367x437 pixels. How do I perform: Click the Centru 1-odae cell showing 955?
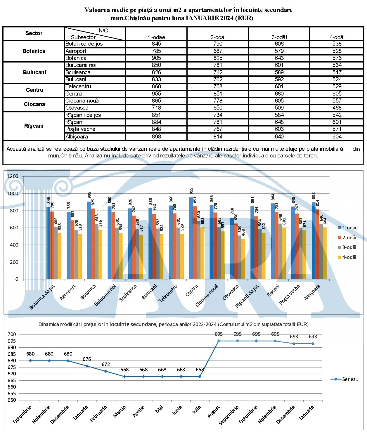(x=156, y=93)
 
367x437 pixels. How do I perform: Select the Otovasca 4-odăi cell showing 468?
(x=337, y=108)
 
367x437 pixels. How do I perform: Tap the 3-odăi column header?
(x=279, y=37)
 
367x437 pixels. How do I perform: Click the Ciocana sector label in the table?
(x=34, y=104)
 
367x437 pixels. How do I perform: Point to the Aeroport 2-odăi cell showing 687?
(x=218, y=51)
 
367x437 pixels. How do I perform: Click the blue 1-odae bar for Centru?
(x=191, y=238)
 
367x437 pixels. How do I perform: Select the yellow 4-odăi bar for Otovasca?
(x=243, y=259)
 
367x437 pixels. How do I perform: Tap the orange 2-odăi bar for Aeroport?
(x=72, y=250)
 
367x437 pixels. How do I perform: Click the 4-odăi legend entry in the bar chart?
(x=347, y=257)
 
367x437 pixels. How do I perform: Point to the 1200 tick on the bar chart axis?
(x=13, y=176)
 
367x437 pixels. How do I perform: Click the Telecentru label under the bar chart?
(x=168, y=293)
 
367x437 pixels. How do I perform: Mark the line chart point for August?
(x=219, y=341)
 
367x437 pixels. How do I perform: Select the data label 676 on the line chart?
(x=87, y=359)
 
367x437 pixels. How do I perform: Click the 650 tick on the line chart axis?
(x=12, y=400)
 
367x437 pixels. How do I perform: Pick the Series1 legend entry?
(x=344, y=379)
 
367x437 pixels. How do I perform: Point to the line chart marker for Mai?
(x=162, y=377)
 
